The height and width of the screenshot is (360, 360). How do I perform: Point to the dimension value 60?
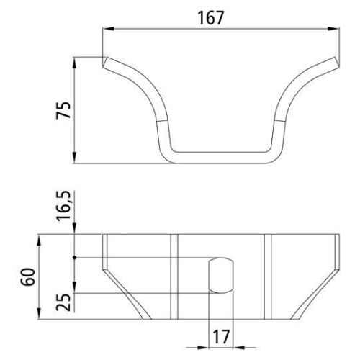pyautogui.click(x=28, y=278)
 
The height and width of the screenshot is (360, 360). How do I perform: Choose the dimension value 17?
pyautogui.click(x=221, y=336)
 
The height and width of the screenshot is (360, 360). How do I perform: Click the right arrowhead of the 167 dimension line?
pyautogui.click(x=336, y=30)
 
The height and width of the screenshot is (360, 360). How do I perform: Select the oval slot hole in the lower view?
pyautogui.click(x=221, y=276)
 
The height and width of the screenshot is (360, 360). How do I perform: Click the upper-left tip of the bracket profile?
pyautogui.click(x=103, y=61)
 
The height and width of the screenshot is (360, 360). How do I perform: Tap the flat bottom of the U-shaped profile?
pyautogui.click(x=221, y=156)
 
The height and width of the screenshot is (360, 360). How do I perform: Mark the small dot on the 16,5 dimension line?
pyautogui.click(x=76, y=257)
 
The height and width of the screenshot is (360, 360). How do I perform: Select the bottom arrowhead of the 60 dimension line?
pyautogui.click(x=40, y=318)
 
